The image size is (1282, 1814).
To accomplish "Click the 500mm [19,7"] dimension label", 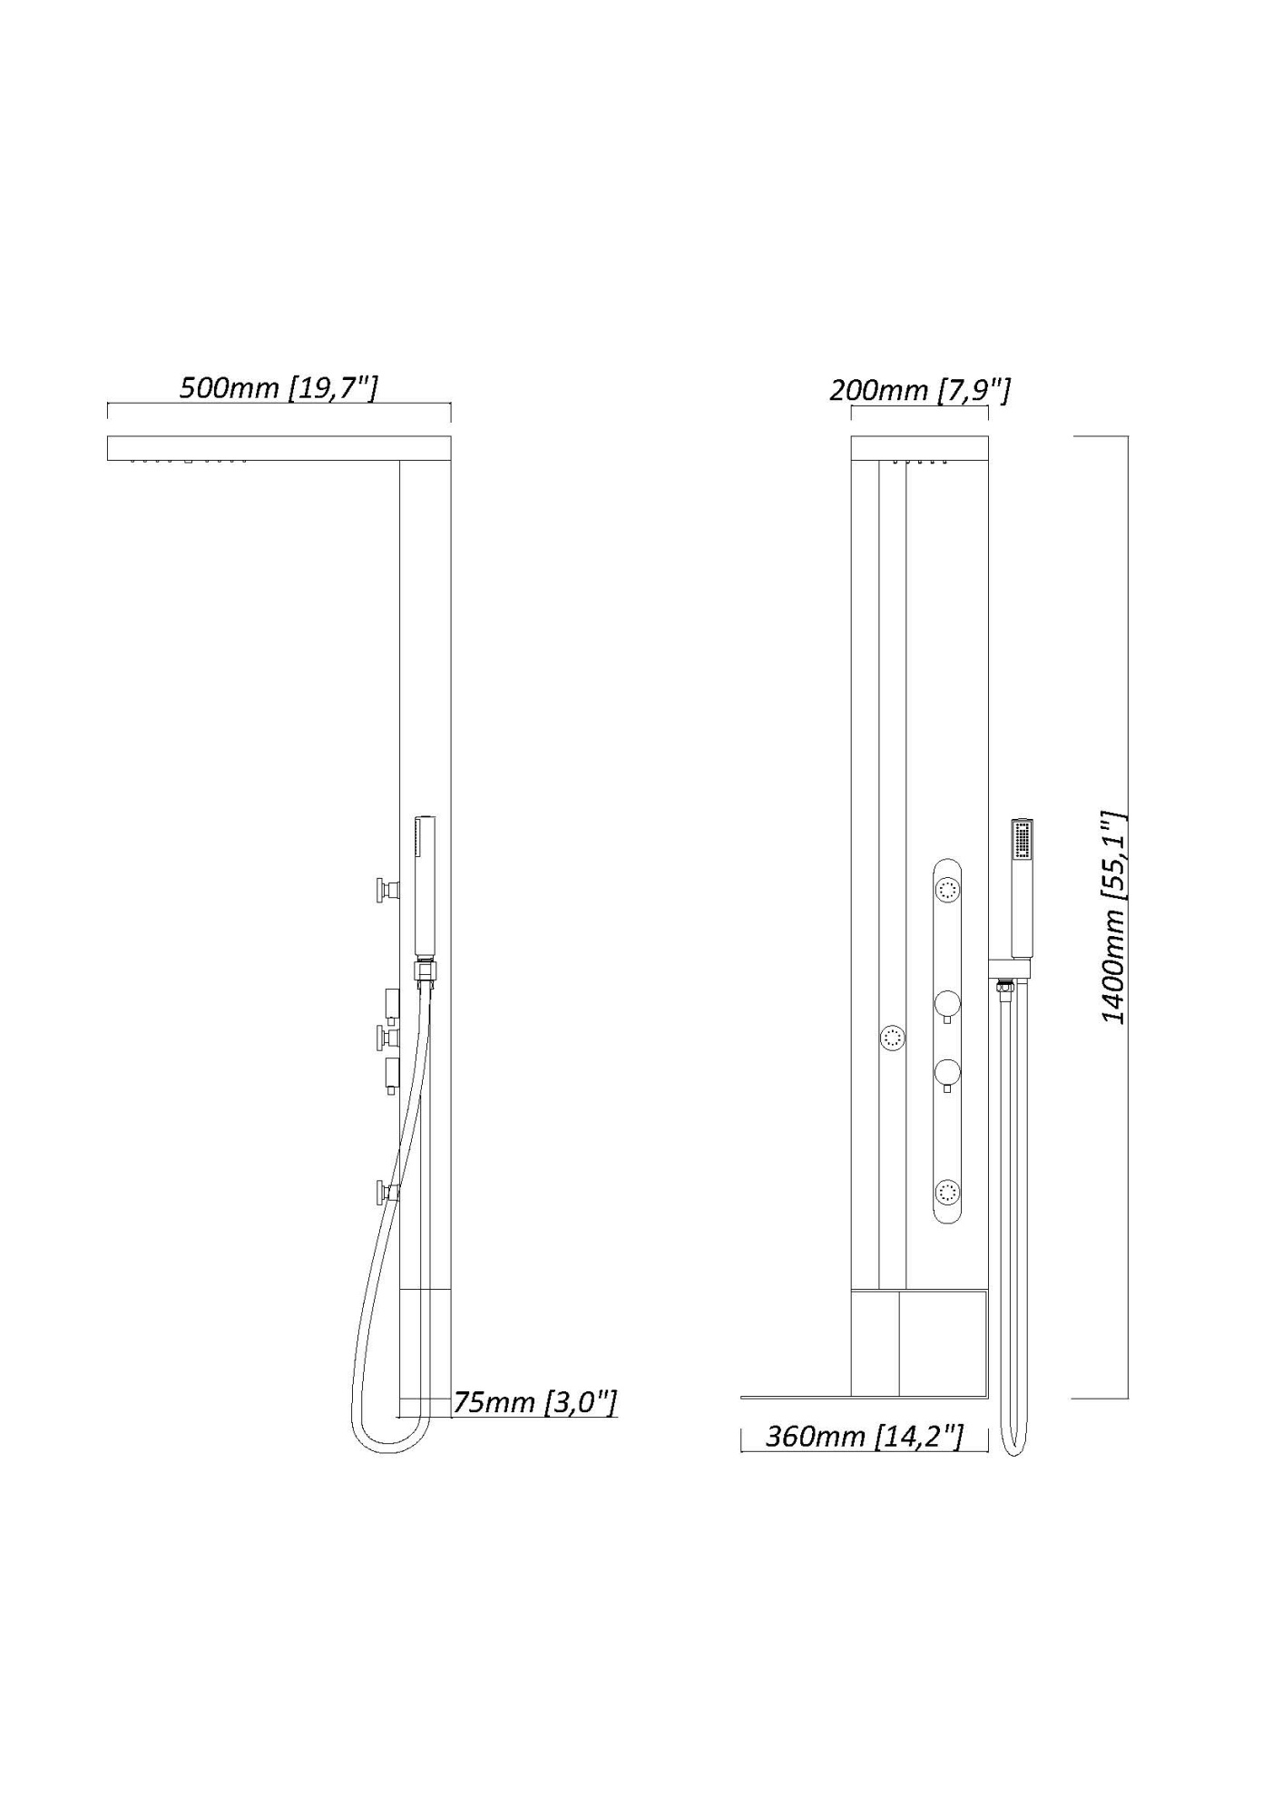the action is click(x=278, y=388).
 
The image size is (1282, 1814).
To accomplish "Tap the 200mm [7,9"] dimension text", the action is click(x=919, y=390).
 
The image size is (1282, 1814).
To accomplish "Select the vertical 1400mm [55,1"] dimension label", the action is click(x=1113, y=917).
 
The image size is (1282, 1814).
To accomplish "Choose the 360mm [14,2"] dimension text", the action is click(x=864, y=1436).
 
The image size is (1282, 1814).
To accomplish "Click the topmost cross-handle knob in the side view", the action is click(x=387, y=890).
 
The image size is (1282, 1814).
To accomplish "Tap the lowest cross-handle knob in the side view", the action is click(x=387, y=1192).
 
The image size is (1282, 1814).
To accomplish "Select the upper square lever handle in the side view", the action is click(x=391, y=1003).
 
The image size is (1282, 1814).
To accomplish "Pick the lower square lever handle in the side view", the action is click(x=391, y=1074).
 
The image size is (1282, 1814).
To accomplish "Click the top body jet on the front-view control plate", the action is click(x=948, y=891).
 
